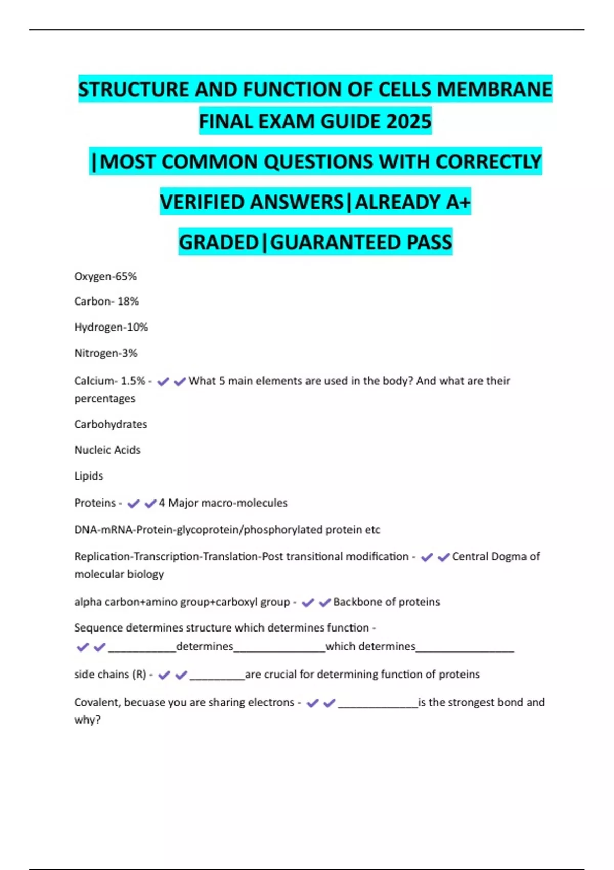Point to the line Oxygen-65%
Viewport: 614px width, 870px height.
105,277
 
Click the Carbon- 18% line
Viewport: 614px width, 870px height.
106,301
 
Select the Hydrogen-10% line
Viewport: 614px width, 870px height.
111,327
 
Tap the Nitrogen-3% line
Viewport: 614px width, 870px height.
106,353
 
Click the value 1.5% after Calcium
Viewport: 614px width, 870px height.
133,381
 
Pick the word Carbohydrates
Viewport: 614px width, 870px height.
111,424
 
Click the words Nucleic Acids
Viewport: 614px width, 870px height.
107,450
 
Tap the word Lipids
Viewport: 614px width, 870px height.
89,476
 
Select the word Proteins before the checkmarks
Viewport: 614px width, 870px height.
95,503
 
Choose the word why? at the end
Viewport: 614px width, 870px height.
87,720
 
